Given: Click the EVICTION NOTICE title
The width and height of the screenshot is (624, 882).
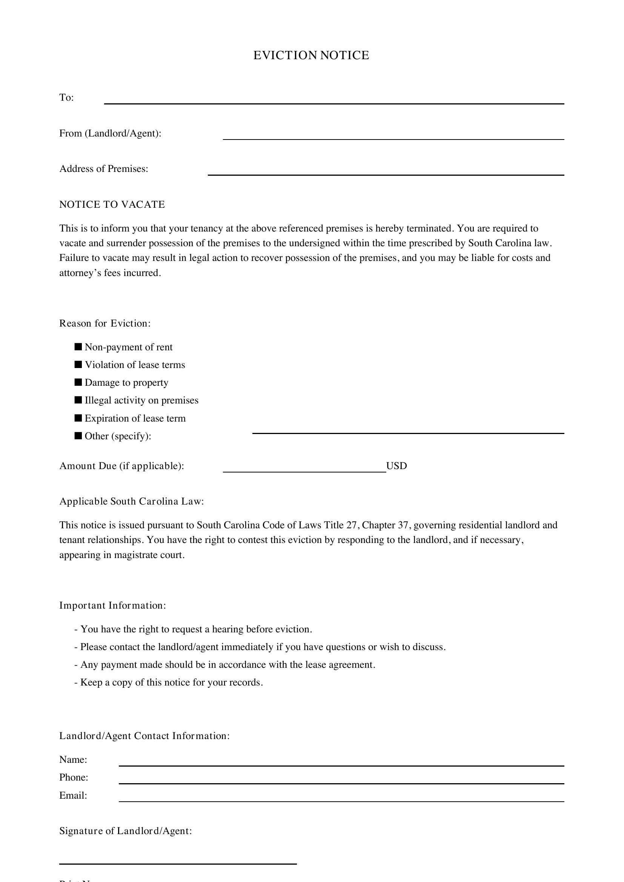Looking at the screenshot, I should (311, 55).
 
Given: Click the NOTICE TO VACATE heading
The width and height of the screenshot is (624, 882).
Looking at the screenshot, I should (112, 204).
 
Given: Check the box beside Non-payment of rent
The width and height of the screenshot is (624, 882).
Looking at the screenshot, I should (78, 347).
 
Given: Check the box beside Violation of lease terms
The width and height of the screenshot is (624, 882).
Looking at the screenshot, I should (78, 365).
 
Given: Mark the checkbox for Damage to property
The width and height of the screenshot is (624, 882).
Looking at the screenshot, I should (78, 382).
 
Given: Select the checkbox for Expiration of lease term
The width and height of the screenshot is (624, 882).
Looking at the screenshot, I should (78, 418).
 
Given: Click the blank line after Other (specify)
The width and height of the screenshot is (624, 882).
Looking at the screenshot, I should (408, 430).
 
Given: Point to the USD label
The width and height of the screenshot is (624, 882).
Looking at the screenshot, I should (396, 466).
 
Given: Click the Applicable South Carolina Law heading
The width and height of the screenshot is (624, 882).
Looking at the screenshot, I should (131, 501).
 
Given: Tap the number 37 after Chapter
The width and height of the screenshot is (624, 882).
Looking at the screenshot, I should (403, 525).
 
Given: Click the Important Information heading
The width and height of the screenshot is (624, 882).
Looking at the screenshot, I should (112, 606).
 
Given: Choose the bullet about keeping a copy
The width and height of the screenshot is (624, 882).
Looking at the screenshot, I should (169, 682).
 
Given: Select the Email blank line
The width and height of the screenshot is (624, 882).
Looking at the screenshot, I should (341, 798).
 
